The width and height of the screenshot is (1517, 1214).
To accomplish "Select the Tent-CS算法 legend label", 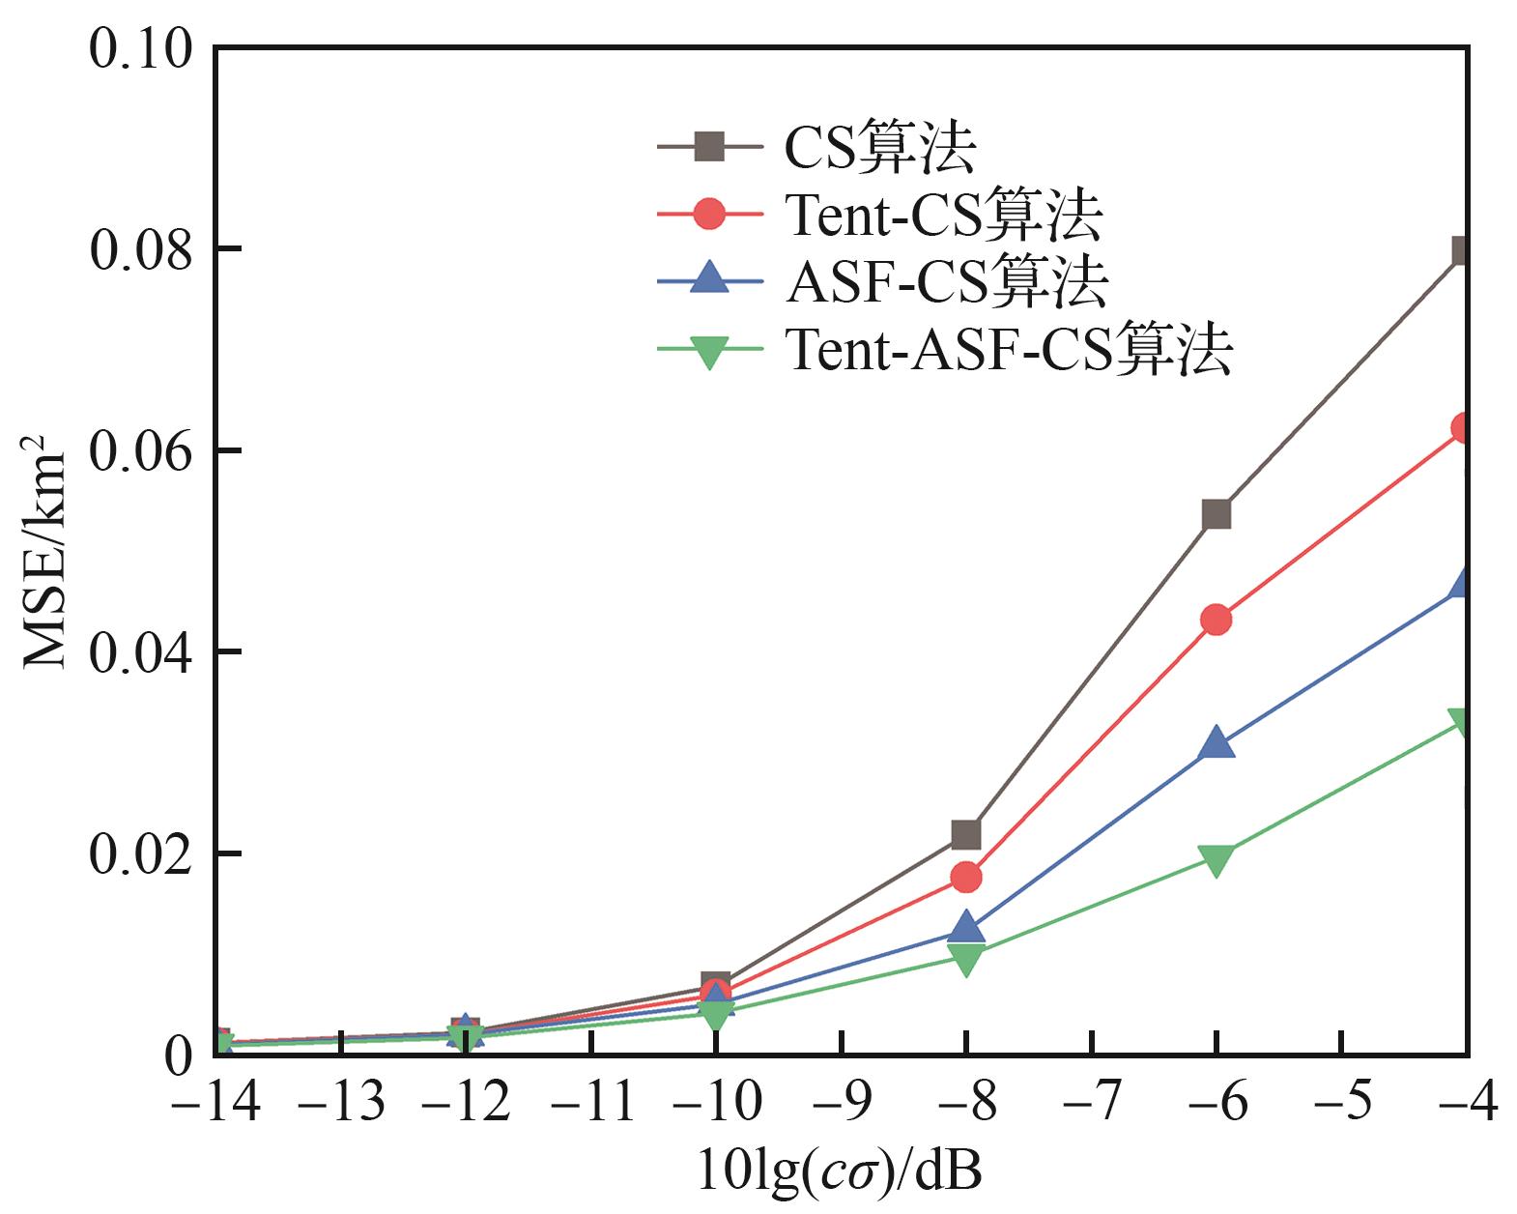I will [x=942, y=215].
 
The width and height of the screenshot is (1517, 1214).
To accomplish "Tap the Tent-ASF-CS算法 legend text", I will [x=1008, y=349].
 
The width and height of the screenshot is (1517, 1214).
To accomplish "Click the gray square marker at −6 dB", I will [x=1216, y=514].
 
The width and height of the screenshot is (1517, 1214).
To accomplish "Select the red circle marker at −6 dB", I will [x=1216, y=620].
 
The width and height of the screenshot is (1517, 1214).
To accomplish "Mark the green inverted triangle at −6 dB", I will [x=1216, y=858].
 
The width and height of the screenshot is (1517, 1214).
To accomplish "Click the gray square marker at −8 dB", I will [x=966, y=833].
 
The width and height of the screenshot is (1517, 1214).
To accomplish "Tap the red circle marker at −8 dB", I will [x=966, y=878].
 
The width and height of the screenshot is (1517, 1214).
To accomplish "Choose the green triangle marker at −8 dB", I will [x=966, y=958].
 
